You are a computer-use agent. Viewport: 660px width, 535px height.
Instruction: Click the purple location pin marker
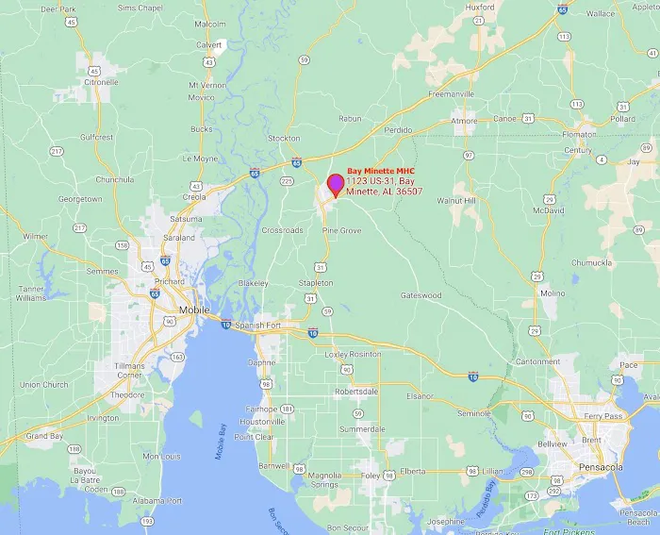pyautogui.click(x=335, y=185)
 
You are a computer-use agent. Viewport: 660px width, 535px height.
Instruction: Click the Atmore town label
pyautogui.click(x=464, y=121)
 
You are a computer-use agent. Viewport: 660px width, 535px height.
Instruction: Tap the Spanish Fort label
pyautogui.click(x=258, y=326)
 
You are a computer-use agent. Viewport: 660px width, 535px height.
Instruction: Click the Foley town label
pyautogui.click(x=371, y=476)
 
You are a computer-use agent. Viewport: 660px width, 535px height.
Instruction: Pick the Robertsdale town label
pyautogui.click(x=355, y=390)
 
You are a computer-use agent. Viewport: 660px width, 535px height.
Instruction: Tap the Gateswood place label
pyautogui.click(x=421, y=295)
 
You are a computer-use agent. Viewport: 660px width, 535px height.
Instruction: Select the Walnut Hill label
pyautogui.click(x=455, y=201)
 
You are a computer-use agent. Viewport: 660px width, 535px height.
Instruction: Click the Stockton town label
pyautogui.click(x=284, y=138)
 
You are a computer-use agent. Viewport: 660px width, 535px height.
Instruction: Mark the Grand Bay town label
pyautogui.click(x=43, y=436)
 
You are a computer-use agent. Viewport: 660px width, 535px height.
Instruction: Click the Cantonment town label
pyautogui.click(x=537, y=361)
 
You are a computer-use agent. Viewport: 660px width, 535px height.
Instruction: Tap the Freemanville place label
pyautogui.click(x=451, y=94)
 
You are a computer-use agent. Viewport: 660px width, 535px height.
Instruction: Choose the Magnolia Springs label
pyautogui.click(x=325, y=480)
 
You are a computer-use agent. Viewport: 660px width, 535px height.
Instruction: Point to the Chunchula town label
pyautogui.click(x=114, y=179)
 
